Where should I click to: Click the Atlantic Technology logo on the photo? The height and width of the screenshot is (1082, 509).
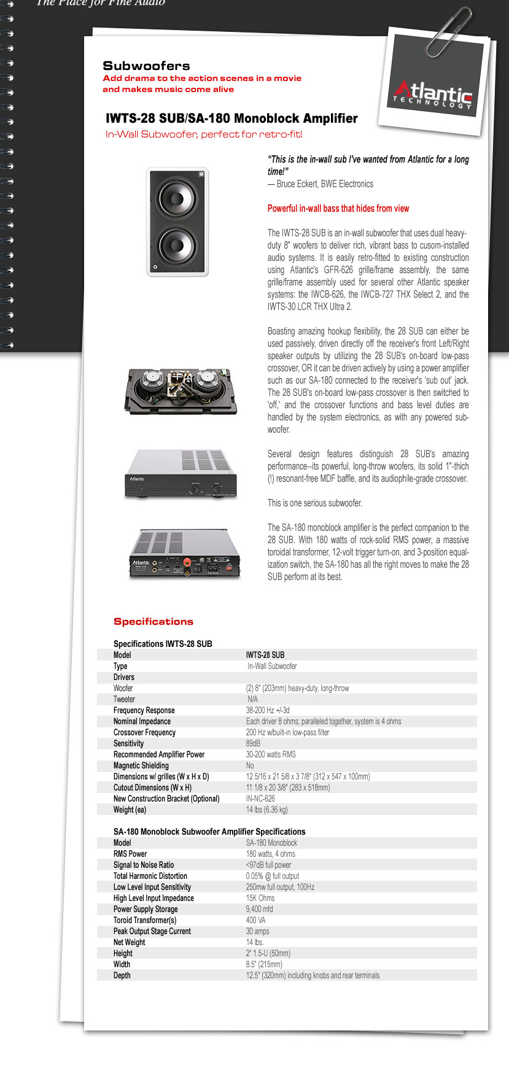[x=433, y=95]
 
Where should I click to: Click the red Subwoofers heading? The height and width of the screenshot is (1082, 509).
[x=146, y=66]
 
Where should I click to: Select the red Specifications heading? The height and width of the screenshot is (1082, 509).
[x=153, y=621]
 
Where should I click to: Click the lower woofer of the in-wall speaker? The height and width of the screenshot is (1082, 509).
[x=178, y=246]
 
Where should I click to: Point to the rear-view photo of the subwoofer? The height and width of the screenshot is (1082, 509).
[x=181, y=392]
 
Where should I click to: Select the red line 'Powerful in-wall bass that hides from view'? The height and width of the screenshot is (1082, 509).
[x=338, y=208]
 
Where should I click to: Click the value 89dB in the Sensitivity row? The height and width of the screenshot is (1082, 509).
[x=253, y=743]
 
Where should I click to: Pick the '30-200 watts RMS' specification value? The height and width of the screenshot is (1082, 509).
[x=271, y=754]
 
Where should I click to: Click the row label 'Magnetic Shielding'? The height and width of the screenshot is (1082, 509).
[x=141, y=765]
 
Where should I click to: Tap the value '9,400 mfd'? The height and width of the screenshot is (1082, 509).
[x=259, y=909]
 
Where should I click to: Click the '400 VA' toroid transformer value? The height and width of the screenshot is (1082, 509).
[x=256, y=920]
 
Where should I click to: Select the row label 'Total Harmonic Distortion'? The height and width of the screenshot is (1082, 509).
[x=150, y=876]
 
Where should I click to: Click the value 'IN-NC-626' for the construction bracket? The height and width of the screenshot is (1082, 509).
[x=260, y=798]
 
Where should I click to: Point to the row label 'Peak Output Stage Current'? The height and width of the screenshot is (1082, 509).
[x=152, y=931]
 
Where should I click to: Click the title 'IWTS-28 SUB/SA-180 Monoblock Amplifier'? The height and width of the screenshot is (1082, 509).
[x=231, y=118]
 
